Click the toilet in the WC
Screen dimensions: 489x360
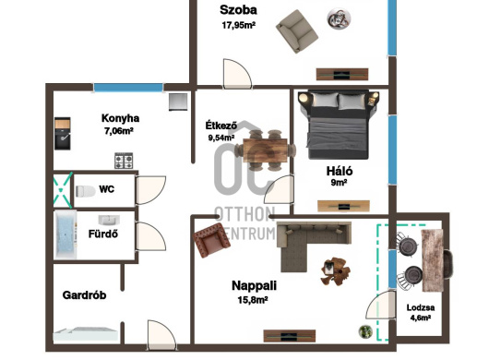(x=85, y=191)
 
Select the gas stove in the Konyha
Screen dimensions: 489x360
(x=124, y=161)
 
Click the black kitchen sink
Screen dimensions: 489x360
(x=63, y=134)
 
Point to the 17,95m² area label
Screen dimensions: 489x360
(x=239, y=25)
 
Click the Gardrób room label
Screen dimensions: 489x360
(x=84, y=295)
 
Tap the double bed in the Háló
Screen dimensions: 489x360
(x=339, y=125)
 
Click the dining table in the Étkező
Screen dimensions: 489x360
(x=265, y=150)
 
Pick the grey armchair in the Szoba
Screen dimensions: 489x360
(x=297, y=31)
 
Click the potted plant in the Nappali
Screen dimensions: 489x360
(x=365, y=331)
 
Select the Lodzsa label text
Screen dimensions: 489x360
(x=421, y=307)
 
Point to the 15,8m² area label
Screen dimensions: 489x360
(x=253, y=300)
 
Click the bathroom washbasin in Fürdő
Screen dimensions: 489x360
(x=109, y=220)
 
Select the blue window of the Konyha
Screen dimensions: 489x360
(x=128, y=88)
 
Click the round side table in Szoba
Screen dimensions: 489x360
(x=339, y=18)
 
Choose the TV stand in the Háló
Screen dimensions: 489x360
(x=343, y=206)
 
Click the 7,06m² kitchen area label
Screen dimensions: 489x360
(x=119, y=131)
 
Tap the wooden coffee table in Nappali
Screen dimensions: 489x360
(x=335, y=270)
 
